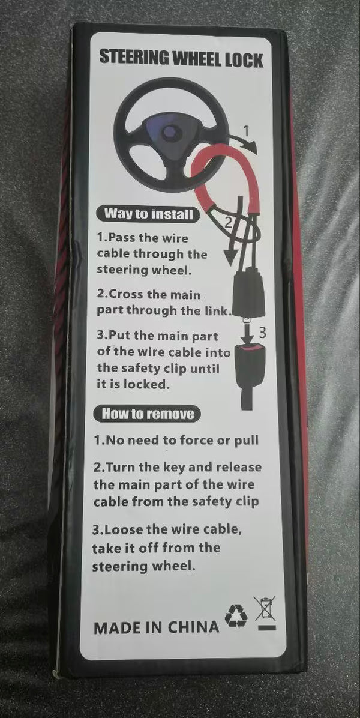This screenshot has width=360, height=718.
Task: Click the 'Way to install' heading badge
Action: pyautogui.click(x=149, y=214)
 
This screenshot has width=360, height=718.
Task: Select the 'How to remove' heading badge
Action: pyautogui.click(x=147, y=414)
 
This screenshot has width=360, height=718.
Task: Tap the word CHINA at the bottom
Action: pyautogui.click(x=193, y=627)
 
